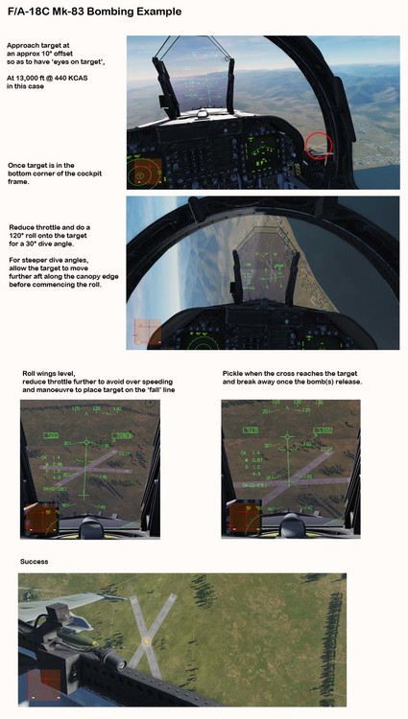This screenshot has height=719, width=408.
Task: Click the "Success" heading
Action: (x=34, y=561)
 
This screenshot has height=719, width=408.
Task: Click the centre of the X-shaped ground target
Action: (x=146, y=638)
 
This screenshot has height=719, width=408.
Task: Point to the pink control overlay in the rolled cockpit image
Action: (x=144, y=331)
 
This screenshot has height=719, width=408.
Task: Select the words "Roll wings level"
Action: (x=48, y=373)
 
